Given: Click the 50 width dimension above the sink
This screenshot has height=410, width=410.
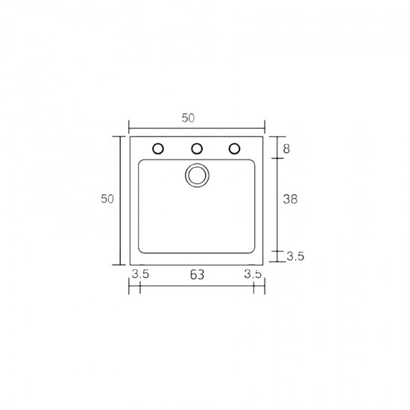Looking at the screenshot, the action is tap(188, 119).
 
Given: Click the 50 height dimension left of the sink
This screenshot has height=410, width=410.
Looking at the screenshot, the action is tap(107, 199).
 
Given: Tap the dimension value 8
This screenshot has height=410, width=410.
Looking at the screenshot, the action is tap(286, 149).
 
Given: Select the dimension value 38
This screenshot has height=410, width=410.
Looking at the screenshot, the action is tap(290, 199).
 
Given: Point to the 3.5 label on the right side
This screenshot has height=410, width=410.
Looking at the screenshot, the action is tap(295, 256).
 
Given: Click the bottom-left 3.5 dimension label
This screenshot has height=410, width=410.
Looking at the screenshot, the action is tap(140, 274).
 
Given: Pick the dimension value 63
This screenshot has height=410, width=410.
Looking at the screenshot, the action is tap(197, 274).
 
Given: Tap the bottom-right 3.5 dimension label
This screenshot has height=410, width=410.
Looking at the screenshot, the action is tap(253, 274).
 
